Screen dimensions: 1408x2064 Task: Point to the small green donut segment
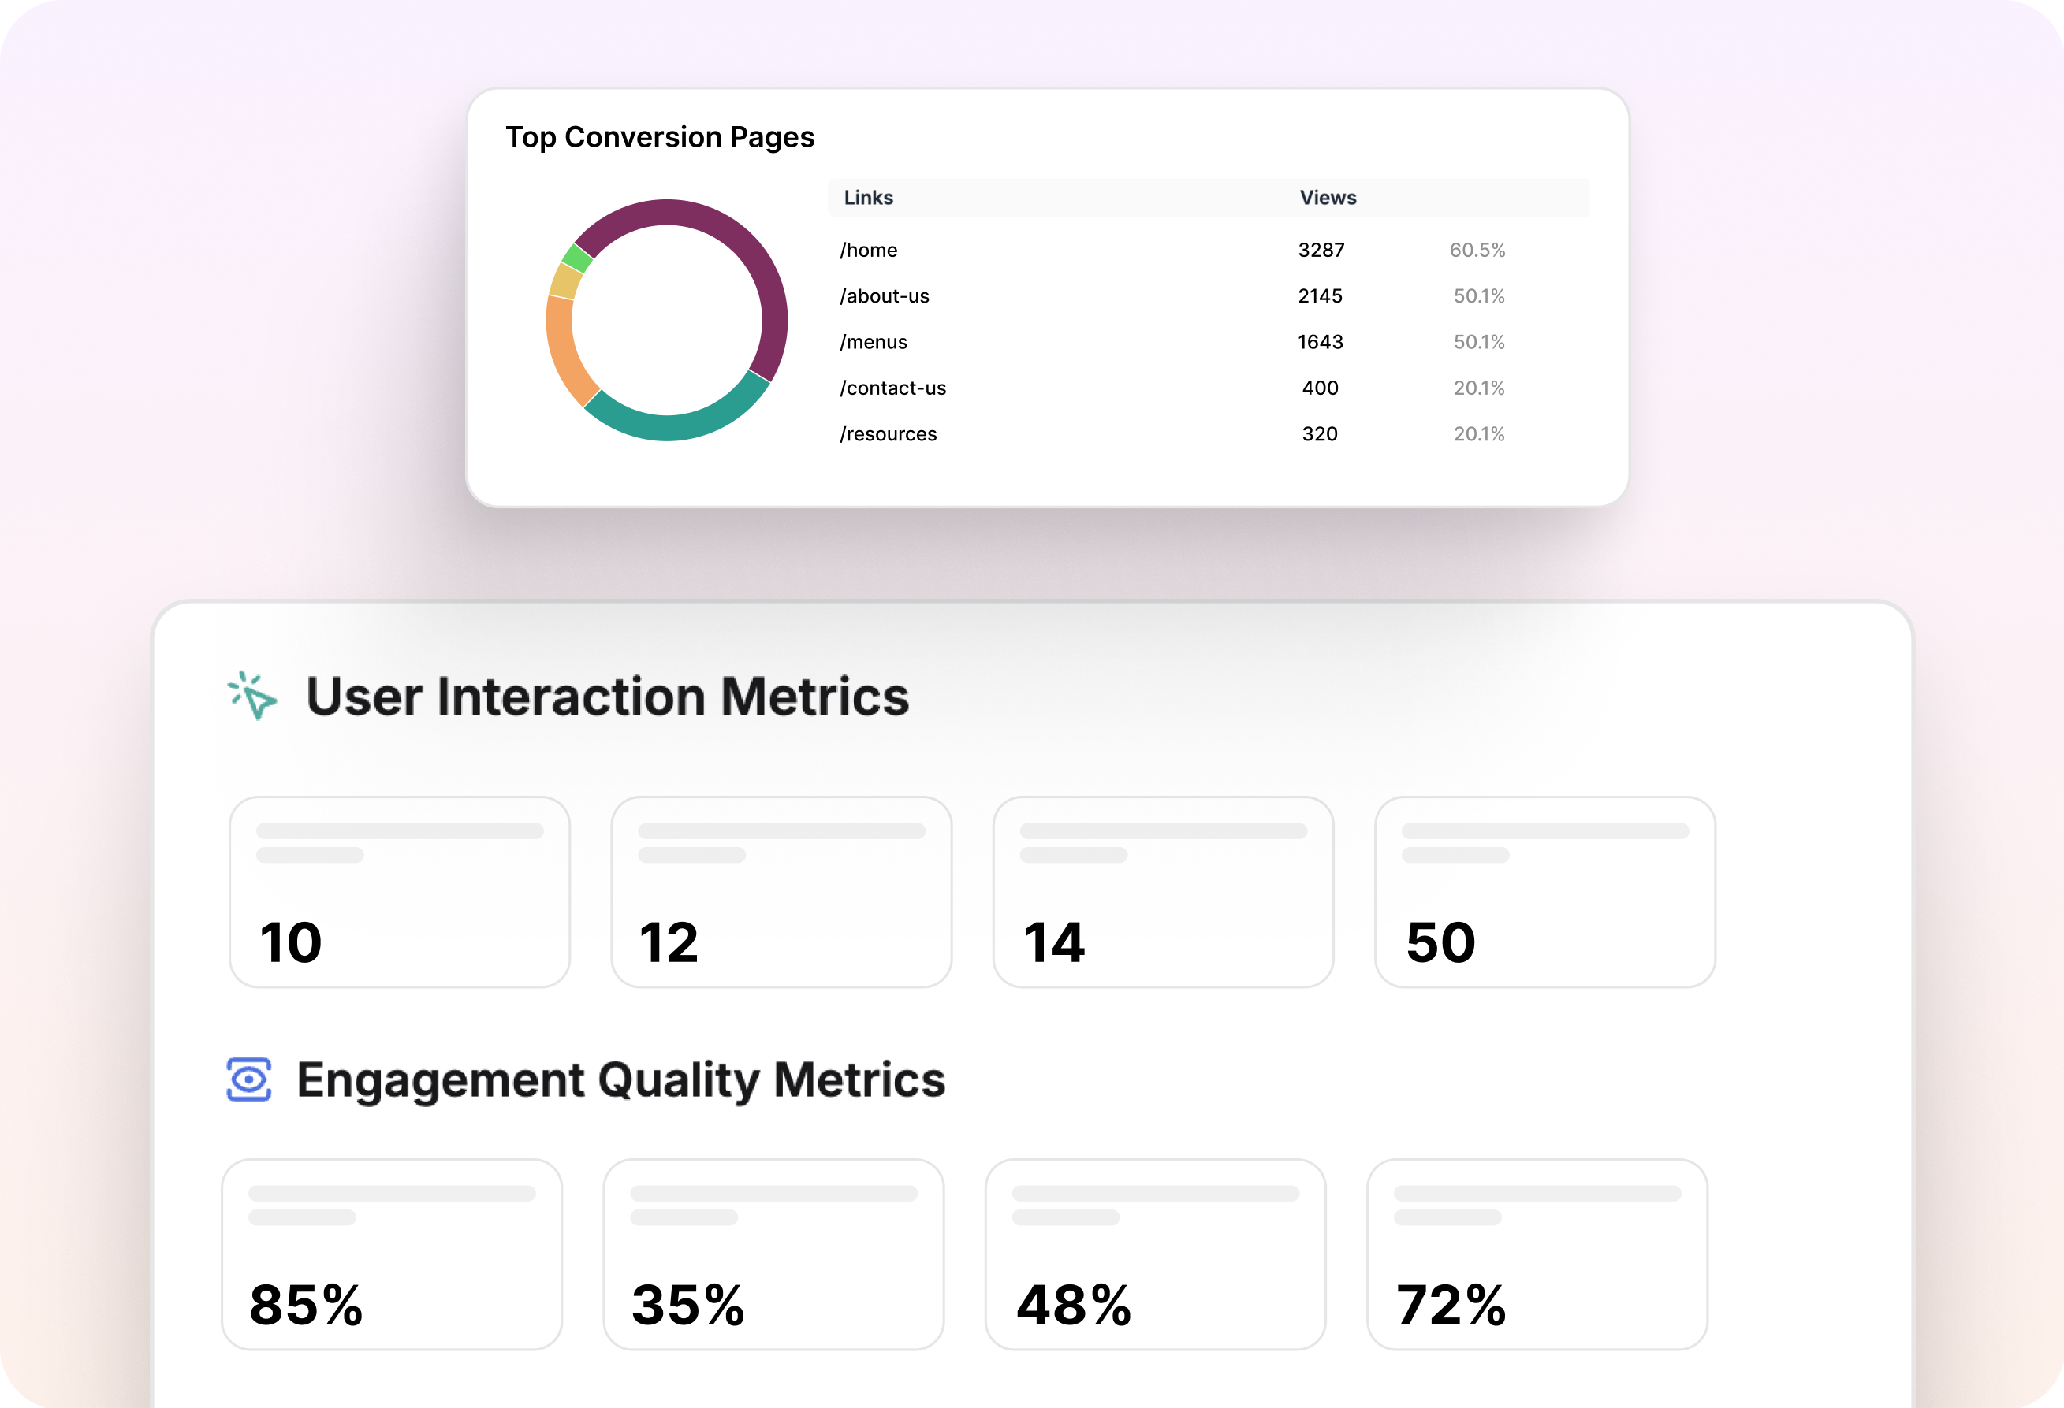coord(577,258)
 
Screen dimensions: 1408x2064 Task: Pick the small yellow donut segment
coord(564,281)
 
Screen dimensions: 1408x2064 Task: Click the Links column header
coord(868,198)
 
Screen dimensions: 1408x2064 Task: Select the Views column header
coord(1328,198)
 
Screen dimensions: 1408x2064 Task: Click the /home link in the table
coord(869,251)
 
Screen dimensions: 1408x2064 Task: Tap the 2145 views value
coord(1320,296)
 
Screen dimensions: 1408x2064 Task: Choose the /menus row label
coord(874,343)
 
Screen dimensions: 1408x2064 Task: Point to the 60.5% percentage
coord(1477,251)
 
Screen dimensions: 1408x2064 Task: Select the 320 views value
coord(1320,434)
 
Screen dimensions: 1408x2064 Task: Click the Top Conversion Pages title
coord(660,138)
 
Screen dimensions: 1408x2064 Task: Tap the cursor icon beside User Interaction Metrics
coord(252,695)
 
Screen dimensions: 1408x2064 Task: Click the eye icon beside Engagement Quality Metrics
coord(248,1079)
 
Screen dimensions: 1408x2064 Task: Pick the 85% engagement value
coord(307,1305)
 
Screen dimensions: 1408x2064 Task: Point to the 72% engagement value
coord(1451,1305)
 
